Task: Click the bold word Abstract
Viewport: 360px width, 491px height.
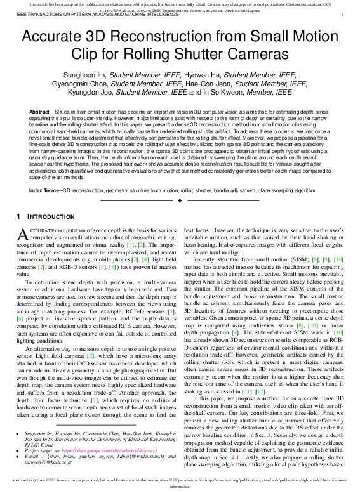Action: coord(41,112)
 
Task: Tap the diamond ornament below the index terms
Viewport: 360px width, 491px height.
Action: coord(180,200)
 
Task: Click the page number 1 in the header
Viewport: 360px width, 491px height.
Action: coord(343,15)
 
